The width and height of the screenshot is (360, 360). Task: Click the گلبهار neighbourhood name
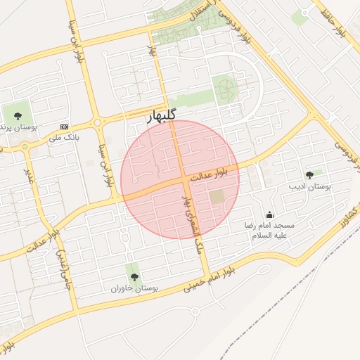(162, 115)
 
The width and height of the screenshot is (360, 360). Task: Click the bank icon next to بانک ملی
(65, 127)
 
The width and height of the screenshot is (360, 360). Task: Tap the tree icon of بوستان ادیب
(309, 175)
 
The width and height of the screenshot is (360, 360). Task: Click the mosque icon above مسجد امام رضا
(269, 215)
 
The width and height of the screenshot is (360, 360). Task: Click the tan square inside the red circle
(217, 198)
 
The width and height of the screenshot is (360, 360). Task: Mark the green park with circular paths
(225, 89)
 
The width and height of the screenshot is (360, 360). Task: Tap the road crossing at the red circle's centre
(186, 180)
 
